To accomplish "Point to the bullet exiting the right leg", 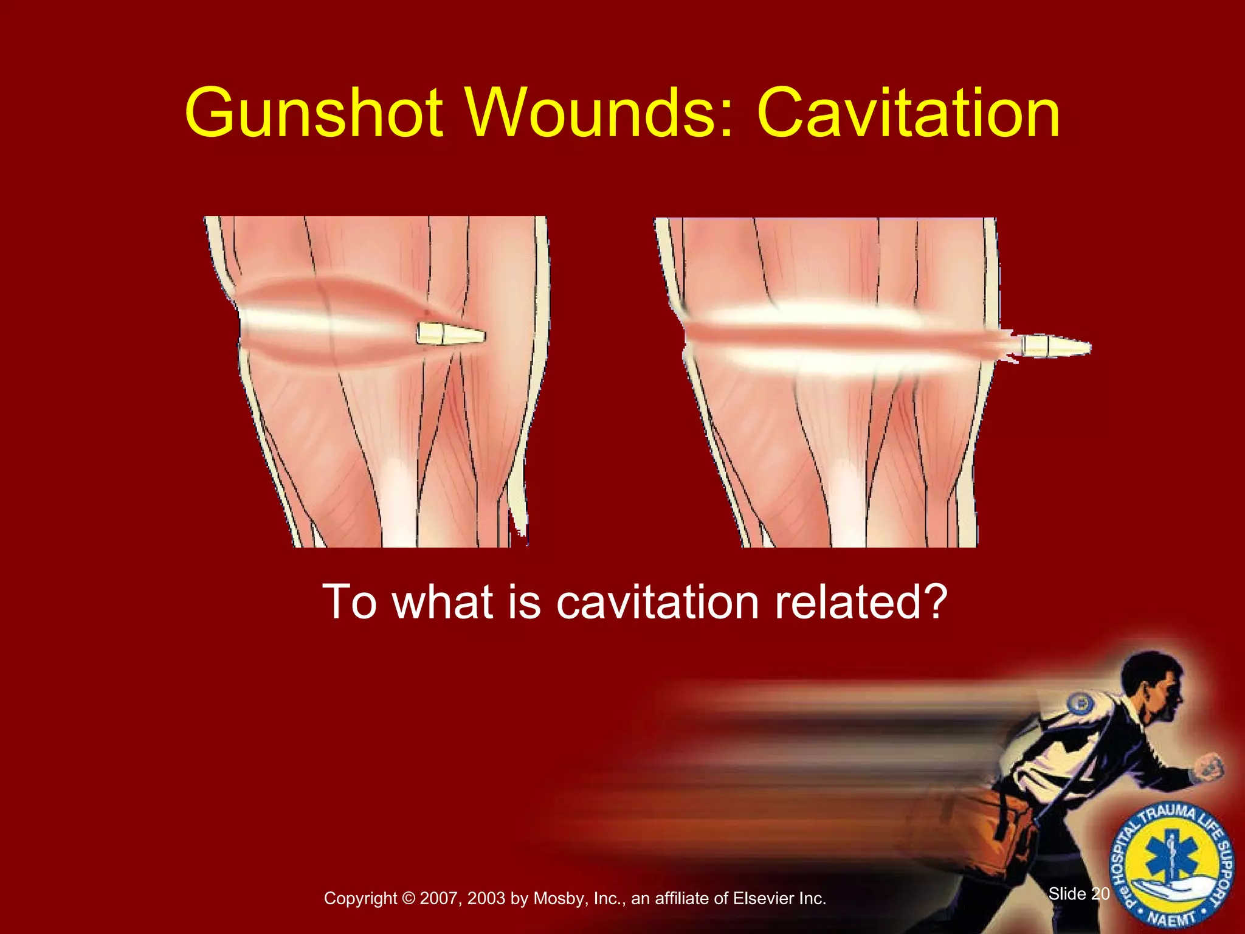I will (x=1055, y=347).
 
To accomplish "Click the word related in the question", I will (x=840, y=602).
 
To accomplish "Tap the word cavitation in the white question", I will (x=657, y=602).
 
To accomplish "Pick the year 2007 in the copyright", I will (x=438, y=898).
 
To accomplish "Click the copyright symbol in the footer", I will (x=408, y=898).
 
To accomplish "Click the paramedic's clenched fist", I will (x=1210, y=767).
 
